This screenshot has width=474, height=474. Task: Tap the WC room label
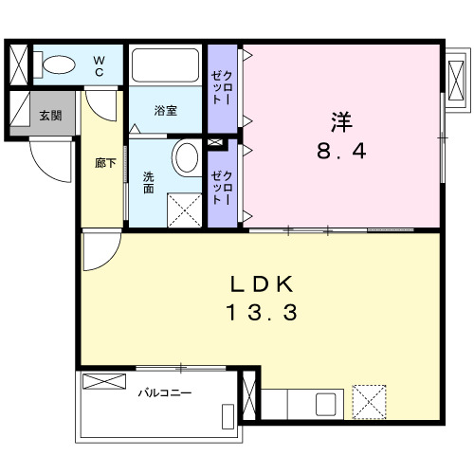pos(99,66)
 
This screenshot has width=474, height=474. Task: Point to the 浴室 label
pos(165,111)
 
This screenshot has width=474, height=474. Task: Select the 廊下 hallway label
pos(105,163)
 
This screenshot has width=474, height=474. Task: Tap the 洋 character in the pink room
pos(342,121)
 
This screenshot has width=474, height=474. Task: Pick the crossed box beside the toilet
pos(19,65)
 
